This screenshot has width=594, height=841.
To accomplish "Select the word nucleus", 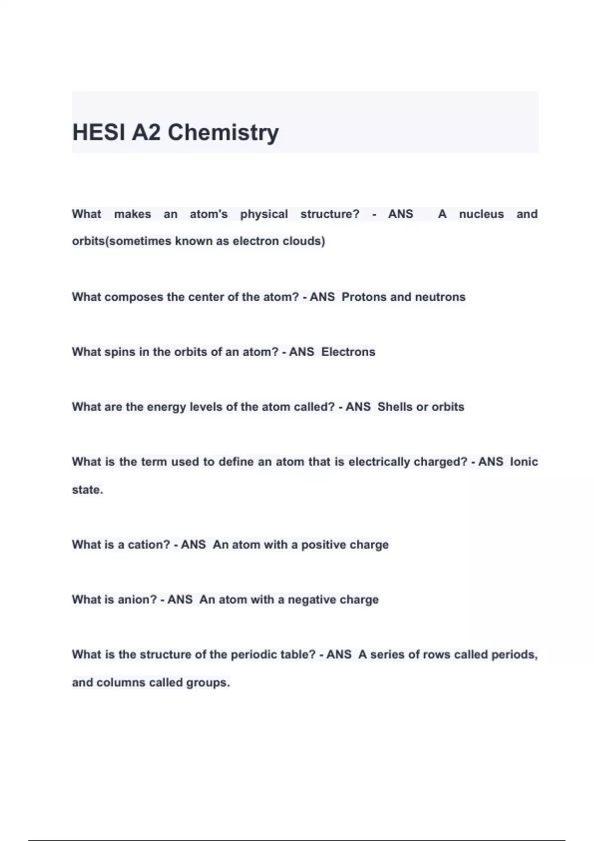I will (481, 214).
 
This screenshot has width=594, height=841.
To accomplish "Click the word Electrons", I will (348, 352).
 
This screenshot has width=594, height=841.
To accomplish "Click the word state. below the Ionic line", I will (88, 490).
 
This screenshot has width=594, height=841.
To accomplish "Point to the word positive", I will (324, 545).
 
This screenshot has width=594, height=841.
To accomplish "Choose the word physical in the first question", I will (264, 214).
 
